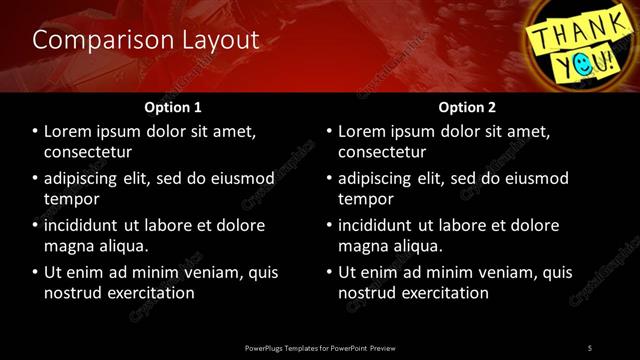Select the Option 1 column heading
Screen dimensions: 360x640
pos(173,107)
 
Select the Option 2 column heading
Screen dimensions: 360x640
pos(466,107)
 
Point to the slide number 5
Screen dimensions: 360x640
pos(590,347)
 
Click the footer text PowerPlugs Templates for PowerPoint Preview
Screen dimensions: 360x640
pos(319,347)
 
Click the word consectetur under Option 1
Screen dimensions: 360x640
pos(89,153)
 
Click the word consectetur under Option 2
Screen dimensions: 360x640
pos(383,153)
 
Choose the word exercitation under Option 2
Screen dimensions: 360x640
pos(439,293)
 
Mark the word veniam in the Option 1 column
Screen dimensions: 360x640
pos(217,272)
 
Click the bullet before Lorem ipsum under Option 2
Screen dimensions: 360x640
pos(329,132)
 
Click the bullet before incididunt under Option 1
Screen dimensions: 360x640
pos(35,225)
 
